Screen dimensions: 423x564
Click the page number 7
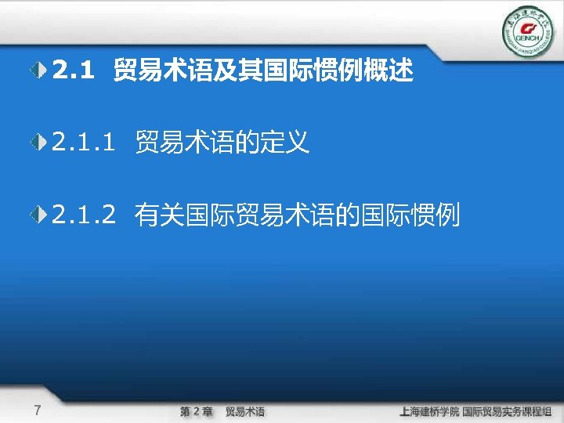tap(38, 410)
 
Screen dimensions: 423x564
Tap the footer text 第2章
tap(196, 411)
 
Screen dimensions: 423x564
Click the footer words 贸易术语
tap(245, 411)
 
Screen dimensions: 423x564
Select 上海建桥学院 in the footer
tap(428, 411)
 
